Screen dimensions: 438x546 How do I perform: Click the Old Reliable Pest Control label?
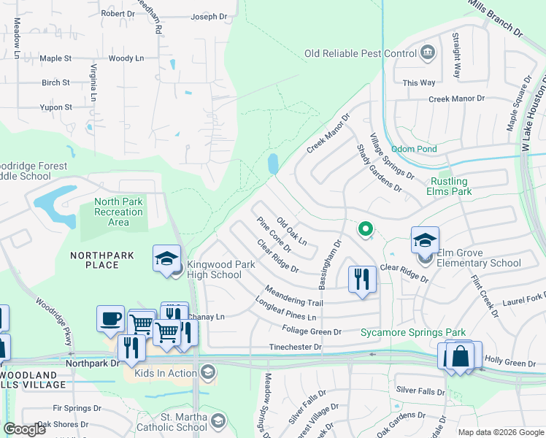360,53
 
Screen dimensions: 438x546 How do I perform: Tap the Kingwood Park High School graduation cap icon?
166,257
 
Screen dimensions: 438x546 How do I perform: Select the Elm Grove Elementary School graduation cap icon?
425,239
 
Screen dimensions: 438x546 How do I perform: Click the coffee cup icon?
110,318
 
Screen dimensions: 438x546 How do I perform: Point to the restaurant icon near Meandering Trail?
362,278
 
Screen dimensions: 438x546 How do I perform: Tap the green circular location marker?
365,229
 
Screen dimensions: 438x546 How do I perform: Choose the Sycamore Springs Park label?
413,332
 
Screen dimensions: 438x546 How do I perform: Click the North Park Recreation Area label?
118,207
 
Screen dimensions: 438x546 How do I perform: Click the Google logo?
24,429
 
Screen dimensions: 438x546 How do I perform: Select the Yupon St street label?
56,107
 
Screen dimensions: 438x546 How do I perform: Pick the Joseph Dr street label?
209,17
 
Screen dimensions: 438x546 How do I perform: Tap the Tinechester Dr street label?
295,347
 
